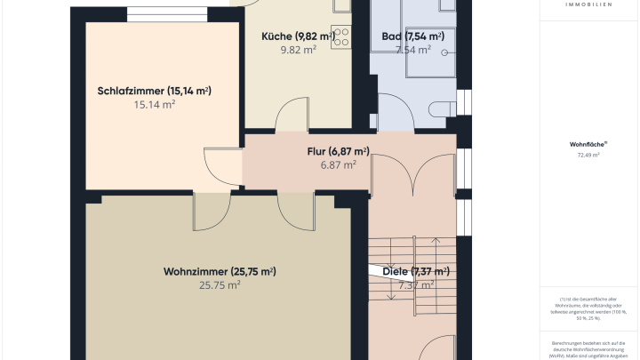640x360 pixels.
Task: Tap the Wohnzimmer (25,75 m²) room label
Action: pyautogui.click(x=220, y=271)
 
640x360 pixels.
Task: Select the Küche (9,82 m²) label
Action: pyautogui.click(x=298, y=36)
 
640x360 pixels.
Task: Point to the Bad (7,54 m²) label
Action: pyautogui.click(x=412, y=36)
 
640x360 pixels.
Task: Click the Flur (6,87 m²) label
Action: pyautogui.click(x=338, y=151)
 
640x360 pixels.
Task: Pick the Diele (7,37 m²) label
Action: pyautogui.click(x=416, y=271)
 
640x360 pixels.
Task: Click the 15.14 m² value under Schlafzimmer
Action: pyautogui.click(x=154, y=105)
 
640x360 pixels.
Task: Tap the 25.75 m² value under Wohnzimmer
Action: pyautogui.click(x=220, y=285)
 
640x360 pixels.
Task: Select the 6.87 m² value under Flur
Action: pyautogui.click(x=338, y=164)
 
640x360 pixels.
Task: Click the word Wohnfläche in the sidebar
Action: pyautogui.click(x=588, y=144)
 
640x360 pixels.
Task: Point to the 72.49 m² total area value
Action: pyautogui.click(x=588, y=156)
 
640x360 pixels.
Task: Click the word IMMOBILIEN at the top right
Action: pyautogui.click(x=588, y=4)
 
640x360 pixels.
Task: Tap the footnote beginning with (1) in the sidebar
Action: pyautogui.click(x=588, y=308)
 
